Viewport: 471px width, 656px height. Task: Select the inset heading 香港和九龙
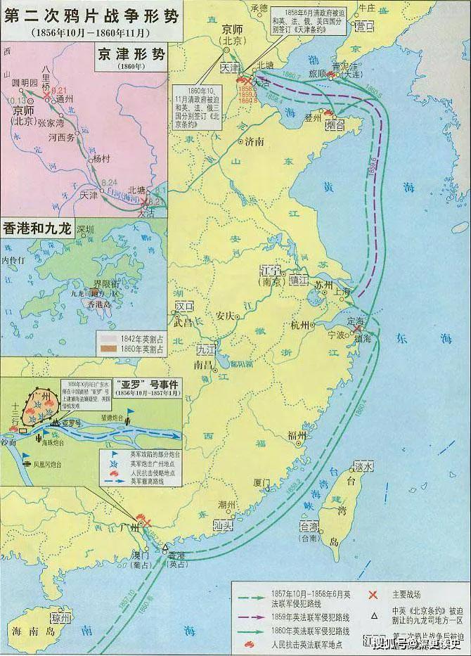37,228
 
